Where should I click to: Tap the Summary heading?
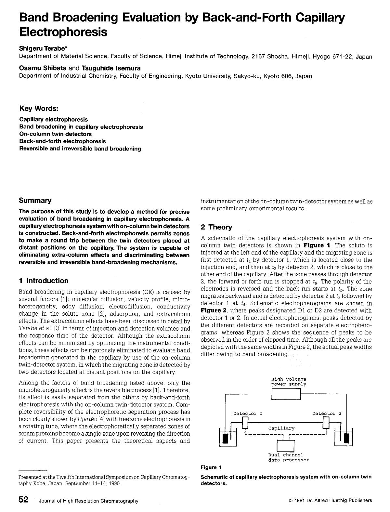(x=35, y=200)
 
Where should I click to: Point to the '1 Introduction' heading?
(x=44, y=281)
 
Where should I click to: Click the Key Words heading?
(x=39, y=108)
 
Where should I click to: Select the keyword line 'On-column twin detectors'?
(x=55, y=134)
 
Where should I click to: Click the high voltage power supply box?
(x=286, y=395)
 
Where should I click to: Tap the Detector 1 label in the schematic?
(x=248, y=414)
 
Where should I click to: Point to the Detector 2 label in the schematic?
(x=327, y=414)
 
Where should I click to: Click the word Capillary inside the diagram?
(x=281, y=428)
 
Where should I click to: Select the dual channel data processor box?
(x=285, y=445)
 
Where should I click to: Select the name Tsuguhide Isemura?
(x=111, y=68)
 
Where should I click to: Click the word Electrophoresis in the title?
(x=63, y=32)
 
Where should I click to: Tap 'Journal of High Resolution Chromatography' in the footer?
(x=88, y=501)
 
